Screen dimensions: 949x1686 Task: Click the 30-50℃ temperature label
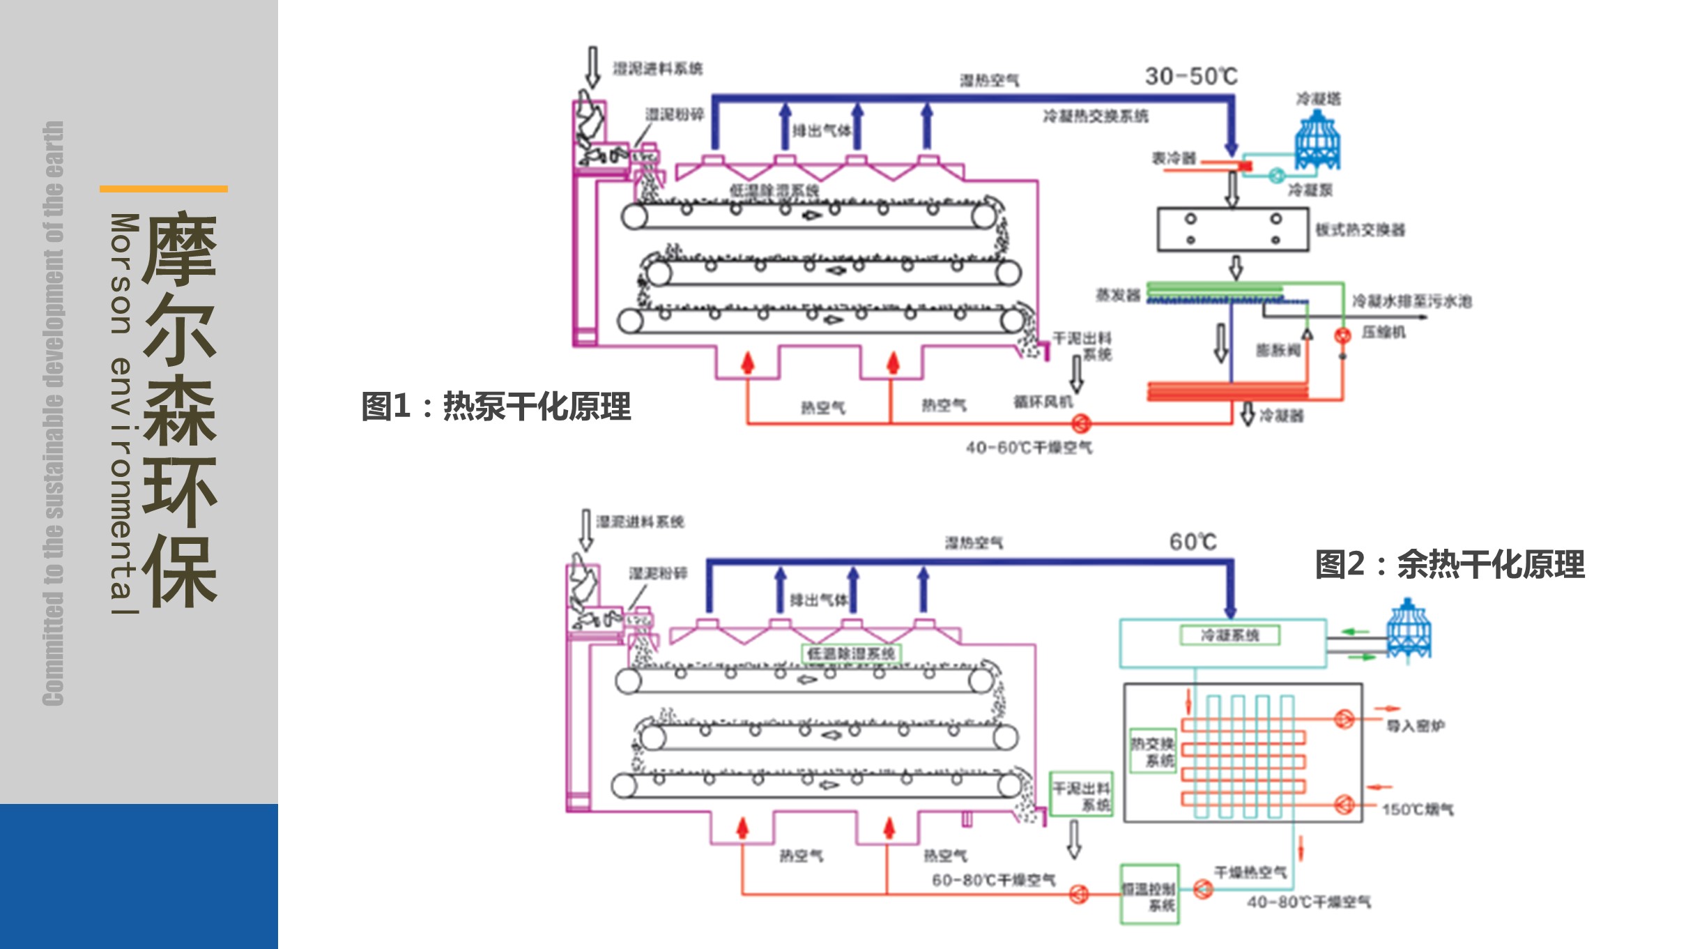tap(1190, 76)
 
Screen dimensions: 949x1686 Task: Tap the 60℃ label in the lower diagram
tap(1193, 542)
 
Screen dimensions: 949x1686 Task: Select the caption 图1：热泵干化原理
tap(496, 406)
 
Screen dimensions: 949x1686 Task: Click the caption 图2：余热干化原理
tap(1450, 564)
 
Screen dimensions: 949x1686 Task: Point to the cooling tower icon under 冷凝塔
tap(1317, 140)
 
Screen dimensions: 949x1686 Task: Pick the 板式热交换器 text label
tap(1360, 230)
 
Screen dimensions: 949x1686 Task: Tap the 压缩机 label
tap(1384, 332)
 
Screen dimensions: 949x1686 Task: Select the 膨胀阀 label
tap(1278, 350)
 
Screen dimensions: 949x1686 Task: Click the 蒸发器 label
tap(1118, 296)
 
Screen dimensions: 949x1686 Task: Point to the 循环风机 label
tap(1043, 402)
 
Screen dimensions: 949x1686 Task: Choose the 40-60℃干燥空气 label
tap(1029, 448)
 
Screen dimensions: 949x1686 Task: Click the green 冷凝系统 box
tap(1229, 635)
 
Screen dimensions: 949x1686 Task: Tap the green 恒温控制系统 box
tap(1149, 895)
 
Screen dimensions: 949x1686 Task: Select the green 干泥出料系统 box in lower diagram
tap(1081, 794)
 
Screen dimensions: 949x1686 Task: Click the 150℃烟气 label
tap(1418, 810)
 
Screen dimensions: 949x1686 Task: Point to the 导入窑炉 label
tap(1415, 726)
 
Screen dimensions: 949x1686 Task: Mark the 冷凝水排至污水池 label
tap(1411, 301)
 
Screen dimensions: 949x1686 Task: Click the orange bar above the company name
tap(164, 189)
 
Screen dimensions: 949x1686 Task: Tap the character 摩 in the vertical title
tap(180, 249)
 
